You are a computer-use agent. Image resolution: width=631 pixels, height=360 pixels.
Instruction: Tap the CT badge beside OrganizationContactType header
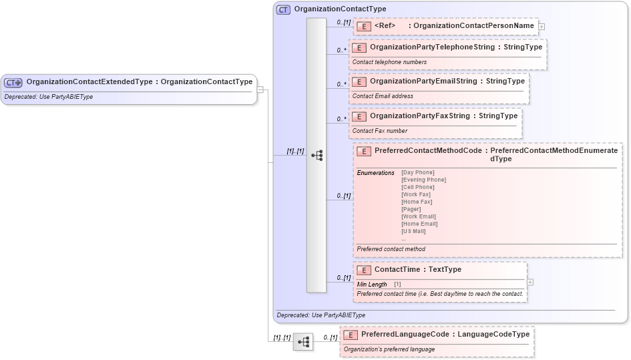point(283,9)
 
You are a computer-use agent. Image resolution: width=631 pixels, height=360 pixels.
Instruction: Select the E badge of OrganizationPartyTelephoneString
point(359,47)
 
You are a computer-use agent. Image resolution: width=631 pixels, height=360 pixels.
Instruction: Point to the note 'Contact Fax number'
point(379,131)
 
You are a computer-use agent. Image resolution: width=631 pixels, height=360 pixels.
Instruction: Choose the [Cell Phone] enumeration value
point(417,187)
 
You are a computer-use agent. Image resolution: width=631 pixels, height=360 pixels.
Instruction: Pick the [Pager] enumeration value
point(411,209)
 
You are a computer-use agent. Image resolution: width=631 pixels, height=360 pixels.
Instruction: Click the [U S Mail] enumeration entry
point(413,231)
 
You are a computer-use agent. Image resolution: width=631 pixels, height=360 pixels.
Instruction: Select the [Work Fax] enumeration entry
point(415,194)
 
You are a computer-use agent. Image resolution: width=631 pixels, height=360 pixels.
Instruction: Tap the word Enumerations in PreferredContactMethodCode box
point(375,173)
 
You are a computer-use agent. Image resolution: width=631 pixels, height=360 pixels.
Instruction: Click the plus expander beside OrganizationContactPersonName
point(542,27)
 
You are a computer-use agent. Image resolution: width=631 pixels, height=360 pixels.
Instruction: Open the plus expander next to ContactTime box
point(530,283)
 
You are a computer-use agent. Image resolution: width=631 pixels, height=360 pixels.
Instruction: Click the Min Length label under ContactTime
point(371,285)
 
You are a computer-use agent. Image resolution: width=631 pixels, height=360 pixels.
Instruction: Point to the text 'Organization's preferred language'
point(389,349)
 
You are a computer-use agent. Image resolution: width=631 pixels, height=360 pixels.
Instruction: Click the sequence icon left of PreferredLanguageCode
point(303,341)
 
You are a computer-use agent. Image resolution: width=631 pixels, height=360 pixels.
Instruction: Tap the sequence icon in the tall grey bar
point(317,155)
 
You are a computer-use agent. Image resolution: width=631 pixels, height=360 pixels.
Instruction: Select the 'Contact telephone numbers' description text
point(389,62)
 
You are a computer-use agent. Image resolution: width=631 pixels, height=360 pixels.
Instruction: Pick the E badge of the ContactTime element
point(364,270)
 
